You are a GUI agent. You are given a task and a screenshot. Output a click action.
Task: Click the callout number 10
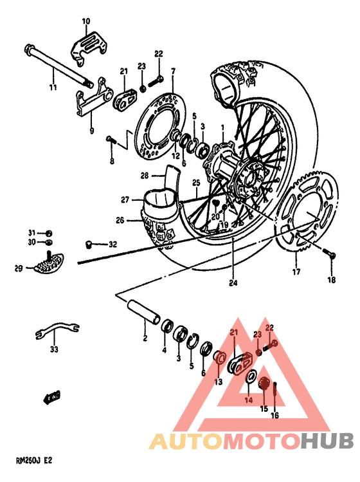coord(86,21)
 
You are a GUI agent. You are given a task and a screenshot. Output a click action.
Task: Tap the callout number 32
coord(113,244)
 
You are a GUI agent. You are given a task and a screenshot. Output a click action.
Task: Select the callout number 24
coord(232,282)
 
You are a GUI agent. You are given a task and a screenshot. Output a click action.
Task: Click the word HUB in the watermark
coord(327,441)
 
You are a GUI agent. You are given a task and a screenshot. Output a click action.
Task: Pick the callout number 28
coord(145,175)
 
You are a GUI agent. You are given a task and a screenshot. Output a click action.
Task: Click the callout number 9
coord(91,131)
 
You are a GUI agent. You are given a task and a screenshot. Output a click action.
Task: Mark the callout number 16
coord(274,416)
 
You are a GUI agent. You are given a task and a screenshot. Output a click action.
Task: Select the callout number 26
coord(120,221)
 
